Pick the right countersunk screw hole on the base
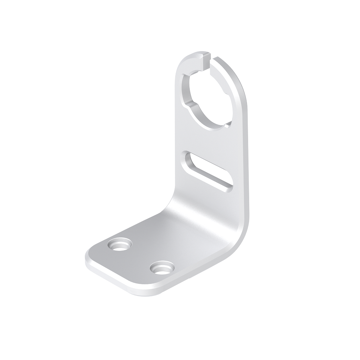coord(162,267)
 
